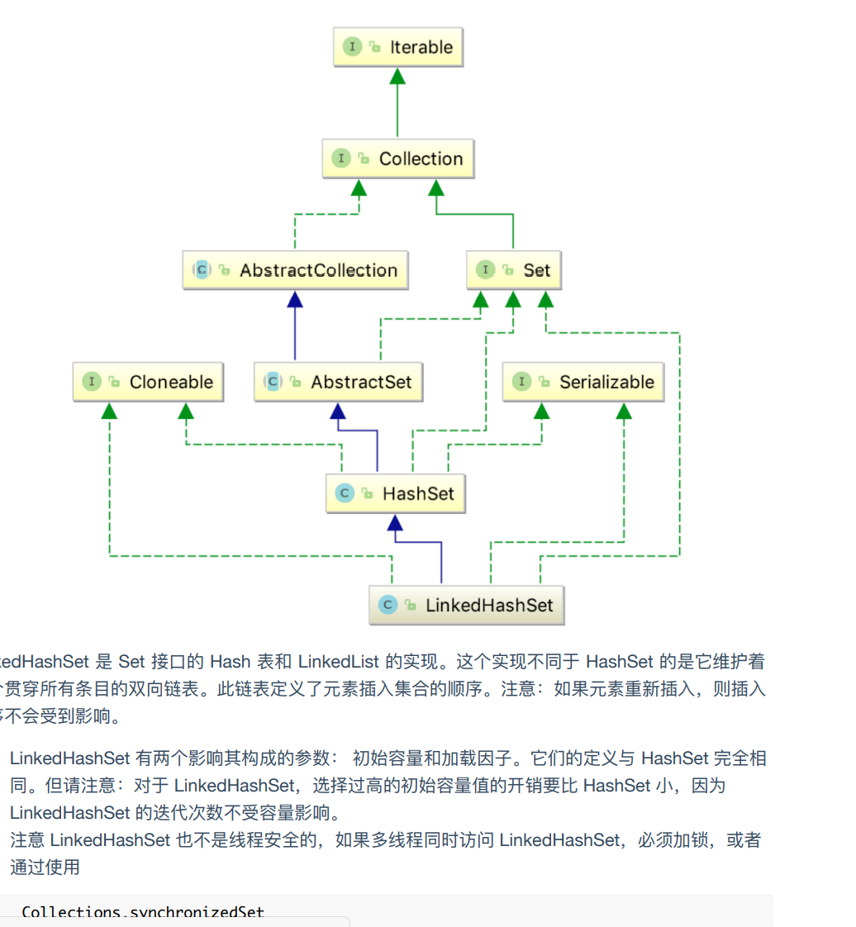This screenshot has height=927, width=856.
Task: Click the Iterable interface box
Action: click(397, 47)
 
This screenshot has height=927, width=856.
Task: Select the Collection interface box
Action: click(397, 159)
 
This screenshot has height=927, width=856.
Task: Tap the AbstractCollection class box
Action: click(295, 270)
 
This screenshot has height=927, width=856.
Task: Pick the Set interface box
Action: click(513, 270)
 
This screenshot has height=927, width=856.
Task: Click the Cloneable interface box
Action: click(148, 382)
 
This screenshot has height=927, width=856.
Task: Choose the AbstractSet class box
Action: click(338, 382)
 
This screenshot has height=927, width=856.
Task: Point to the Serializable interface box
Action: click(583, 382)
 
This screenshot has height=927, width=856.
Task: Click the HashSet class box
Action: click(395, 494)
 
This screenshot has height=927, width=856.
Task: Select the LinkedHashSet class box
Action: click(467, 605)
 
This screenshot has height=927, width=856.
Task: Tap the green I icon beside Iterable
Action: click(353, 47)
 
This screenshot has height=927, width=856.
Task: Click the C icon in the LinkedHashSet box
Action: click(387, 605)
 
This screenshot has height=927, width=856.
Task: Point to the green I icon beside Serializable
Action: click(521, 382)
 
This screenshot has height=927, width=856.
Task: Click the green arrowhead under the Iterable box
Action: click(397, 76)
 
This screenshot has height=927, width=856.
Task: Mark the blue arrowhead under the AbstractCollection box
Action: click(295, 299)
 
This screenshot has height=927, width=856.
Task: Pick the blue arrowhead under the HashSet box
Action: click(395, 523)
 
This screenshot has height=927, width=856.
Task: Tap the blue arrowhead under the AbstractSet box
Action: click(338, 411)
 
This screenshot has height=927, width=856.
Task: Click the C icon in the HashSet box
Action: click(344, 494)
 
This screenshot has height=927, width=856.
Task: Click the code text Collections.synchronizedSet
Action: click(143, 913)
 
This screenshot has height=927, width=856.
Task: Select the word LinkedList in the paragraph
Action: click(338, 662)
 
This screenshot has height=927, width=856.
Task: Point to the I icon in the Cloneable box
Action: click(91, 382)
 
